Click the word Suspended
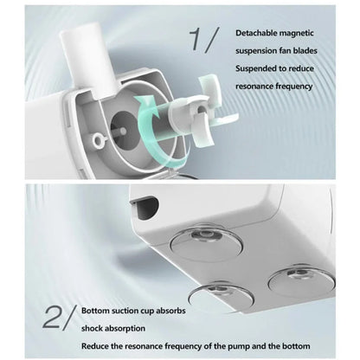259,69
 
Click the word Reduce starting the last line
98,347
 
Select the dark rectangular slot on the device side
145,204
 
